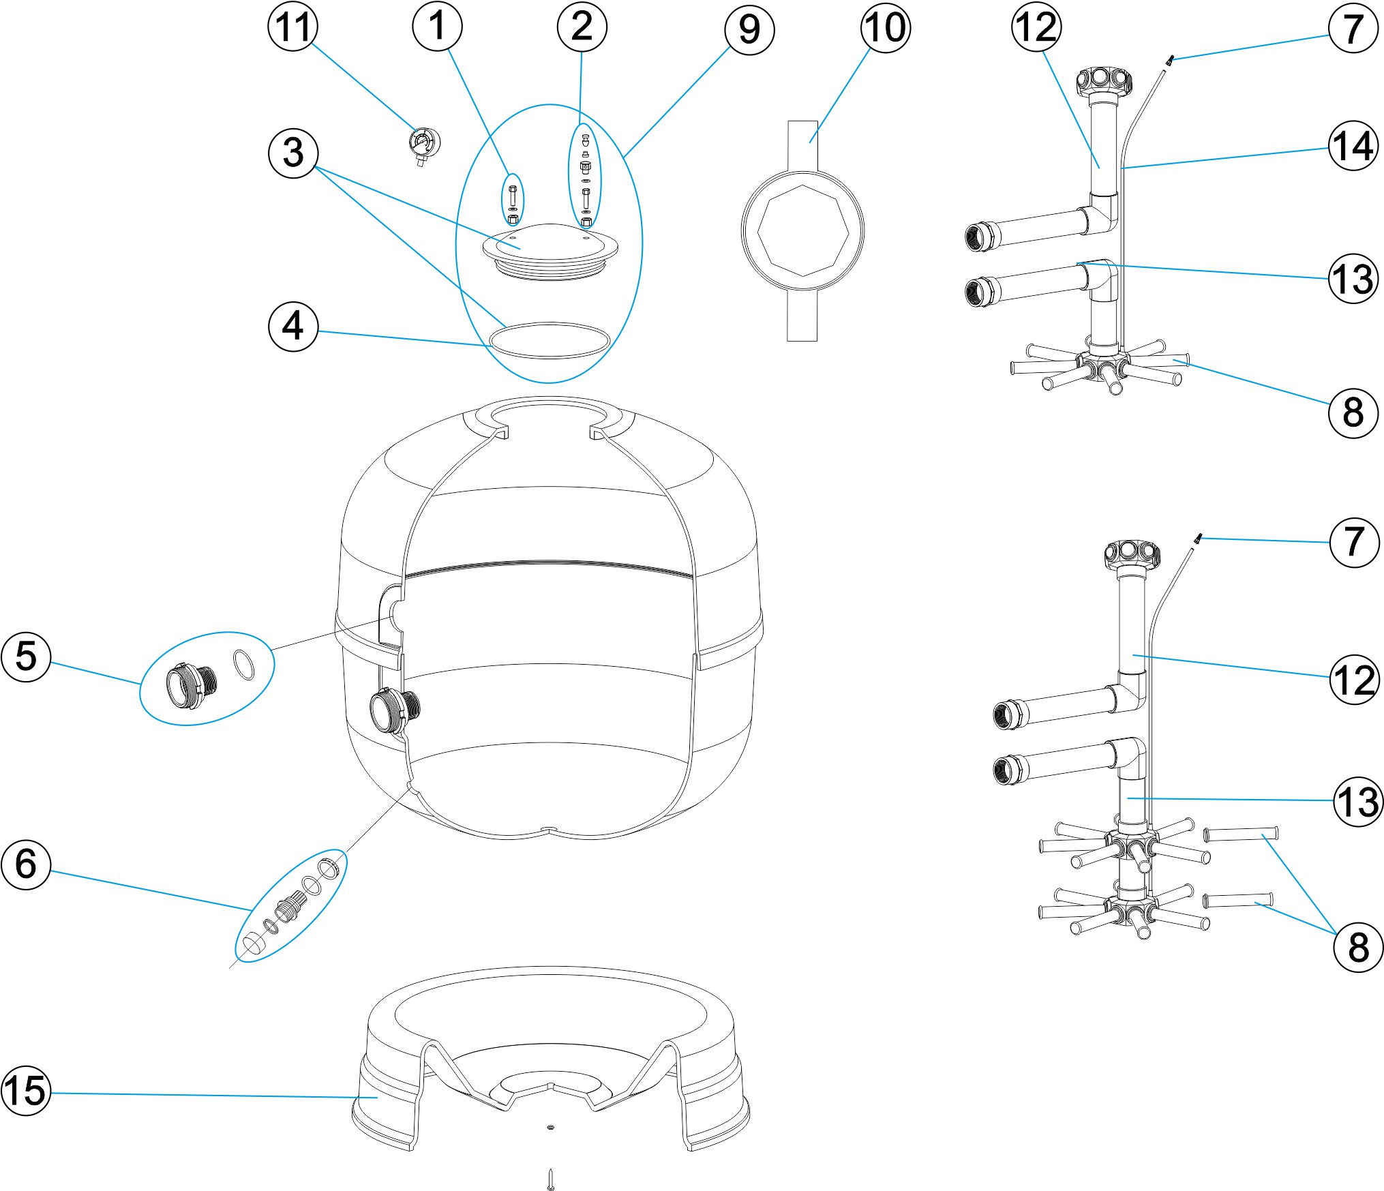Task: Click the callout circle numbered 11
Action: point(292,27)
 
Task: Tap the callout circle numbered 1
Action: point(437,27)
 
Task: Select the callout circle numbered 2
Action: point(582,27)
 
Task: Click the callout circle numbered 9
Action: point(749,29)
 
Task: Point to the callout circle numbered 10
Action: point(885,27)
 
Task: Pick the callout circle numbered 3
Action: point(292,153)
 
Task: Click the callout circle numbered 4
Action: point(292,327)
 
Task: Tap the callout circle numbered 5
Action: point(26,657)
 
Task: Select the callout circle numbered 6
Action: point(26,864)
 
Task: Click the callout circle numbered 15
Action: point(26,1091)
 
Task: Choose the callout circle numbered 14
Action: point(1353,146)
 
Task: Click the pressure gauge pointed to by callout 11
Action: point(424,145)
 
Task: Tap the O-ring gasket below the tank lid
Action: point(550,340)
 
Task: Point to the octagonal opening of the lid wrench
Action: point(802,230)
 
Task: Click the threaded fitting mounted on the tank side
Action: point(394,711)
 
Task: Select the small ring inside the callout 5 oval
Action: point(243,665)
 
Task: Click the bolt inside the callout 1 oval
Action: point(513,197)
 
